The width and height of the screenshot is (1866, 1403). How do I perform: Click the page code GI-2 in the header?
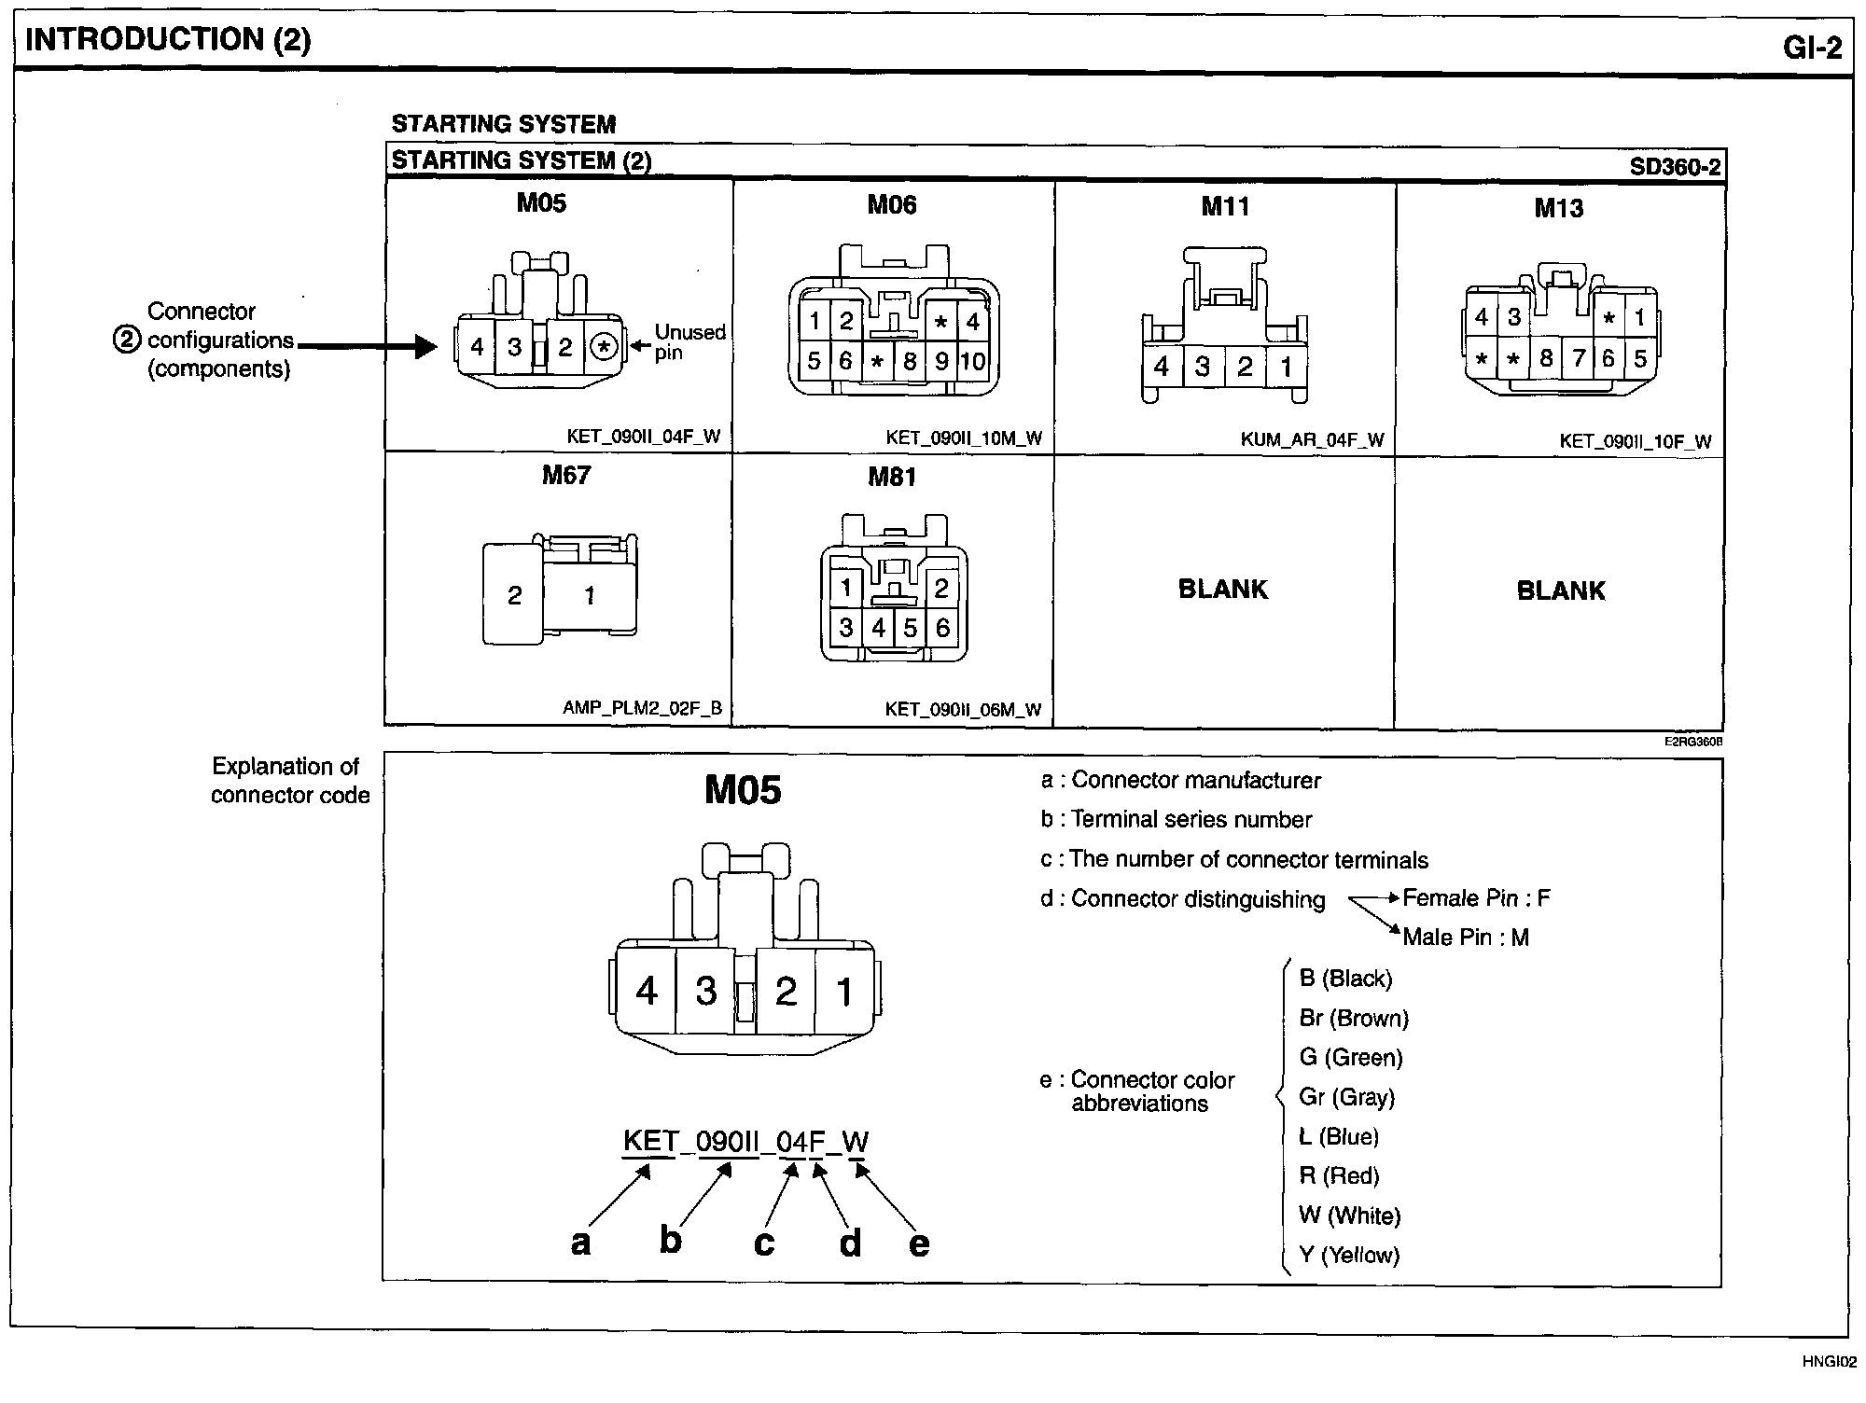pos(1812,47)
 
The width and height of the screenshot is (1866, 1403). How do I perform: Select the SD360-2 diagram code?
pos(1675,167)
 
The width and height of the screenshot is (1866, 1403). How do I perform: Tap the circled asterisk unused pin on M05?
pos(605,347)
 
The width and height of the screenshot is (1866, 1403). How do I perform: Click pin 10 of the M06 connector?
pos(972,362)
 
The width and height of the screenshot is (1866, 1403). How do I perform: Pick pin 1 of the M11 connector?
pos(1286,367)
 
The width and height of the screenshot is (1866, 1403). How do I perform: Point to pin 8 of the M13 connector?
pos(1546,358)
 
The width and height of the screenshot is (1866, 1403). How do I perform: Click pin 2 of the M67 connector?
pos(514,596)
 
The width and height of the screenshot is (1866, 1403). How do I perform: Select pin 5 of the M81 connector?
pos(910,628)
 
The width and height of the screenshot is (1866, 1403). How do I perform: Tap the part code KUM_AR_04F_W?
pos(1312,439)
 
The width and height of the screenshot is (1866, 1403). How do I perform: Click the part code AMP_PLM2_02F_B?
pos(642,708)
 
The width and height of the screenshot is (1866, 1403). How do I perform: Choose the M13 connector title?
pos(1558,208)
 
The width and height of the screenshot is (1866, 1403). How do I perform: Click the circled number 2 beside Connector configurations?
pos(126,340)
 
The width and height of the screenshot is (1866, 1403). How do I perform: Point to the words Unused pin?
pos(689,342)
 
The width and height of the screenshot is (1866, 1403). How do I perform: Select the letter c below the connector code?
pos(764,1243)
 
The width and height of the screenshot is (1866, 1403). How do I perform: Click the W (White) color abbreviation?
pos(1349,1215)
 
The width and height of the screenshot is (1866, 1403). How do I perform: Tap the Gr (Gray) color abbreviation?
pos(1346,1097)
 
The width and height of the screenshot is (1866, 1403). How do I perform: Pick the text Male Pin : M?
pos(1465,938)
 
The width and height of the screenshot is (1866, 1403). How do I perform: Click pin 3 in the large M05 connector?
pos(706,991)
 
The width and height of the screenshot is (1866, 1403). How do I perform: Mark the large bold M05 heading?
pos(743,790)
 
